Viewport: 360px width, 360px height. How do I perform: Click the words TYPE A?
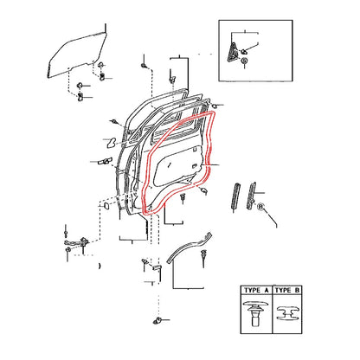click(256, 290)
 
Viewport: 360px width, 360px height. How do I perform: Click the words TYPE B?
click(287, 290)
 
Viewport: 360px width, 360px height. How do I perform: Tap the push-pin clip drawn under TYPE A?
click(256, 313)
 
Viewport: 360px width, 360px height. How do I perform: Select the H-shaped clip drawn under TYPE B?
click(287, 313)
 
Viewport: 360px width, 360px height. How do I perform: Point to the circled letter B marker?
click(260, 207)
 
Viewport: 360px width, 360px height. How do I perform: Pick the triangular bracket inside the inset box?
click(233, 52)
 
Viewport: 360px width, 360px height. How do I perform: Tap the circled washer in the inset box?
click(244, 61)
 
